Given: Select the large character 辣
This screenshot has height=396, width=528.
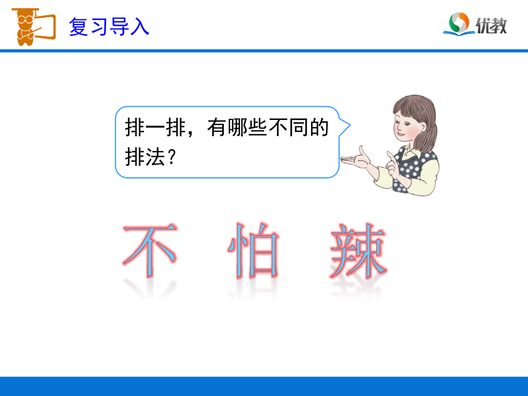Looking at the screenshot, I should (x=358, y=251).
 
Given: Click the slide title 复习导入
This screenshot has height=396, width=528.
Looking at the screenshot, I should (x=109, y=26).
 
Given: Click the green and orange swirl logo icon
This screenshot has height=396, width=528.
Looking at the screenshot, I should (x=459, y=24).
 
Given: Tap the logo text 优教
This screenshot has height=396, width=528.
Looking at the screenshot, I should (x=491, y=25).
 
